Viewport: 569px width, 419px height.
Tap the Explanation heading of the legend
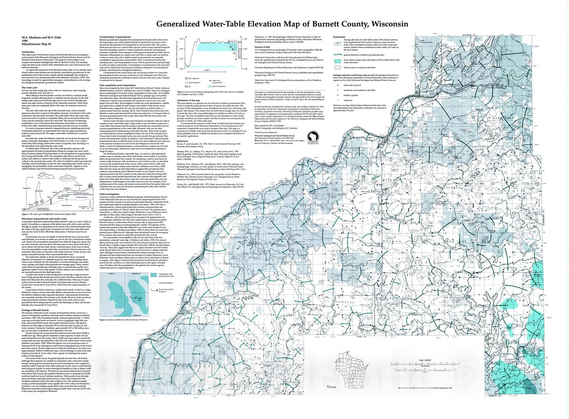pyautogui.click(x=339, y=37)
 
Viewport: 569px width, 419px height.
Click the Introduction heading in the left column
pyautogui.click(x=28, y=52)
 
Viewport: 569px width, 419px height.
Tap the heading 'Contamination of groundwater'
pyautogui.click(x=114, y=37)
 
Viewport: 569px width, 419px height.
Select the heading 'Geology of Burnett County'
pyautogui.click(x=35, y=310)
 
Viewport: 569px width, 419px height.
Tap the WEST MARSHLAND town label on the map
pyautogui.click(x=234, y=237)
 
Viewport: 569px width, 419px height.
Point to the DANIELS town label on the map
pyautogui.click(x=343, y=302)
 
